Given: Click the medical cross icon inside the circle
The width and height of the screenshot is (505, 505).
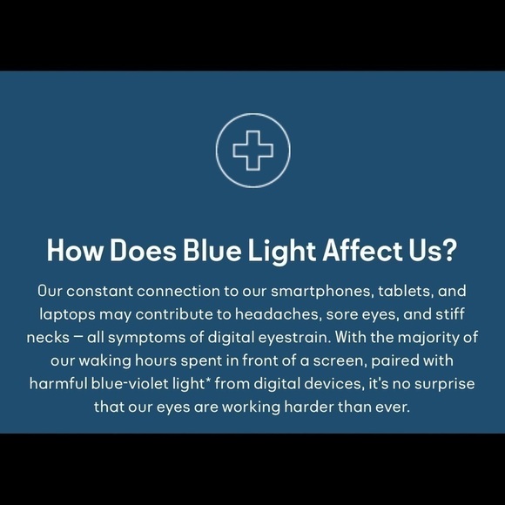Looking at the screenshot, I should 252,150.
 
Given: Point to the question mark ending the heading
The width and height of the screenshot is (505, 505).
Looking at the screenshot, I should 449,251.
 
